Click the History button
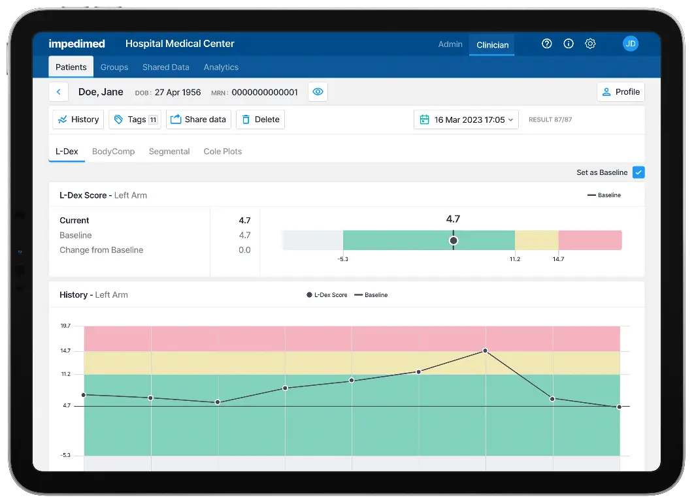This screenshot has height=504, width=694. pyautogui.click(x=78, y=119)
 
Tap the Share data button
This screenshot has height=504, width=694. pyautogui.click(x=198, y=119)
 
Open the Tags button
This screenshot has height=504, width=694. pyautogui.click(x=135, y=119)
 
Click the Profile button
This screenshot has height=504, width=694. pyautogui.click(x=621, y=92)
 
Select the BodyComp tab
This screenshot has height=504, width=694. pyautogui.click(x=113, y=151)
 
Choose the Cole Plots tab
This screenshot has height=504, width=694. pyautogui.click(x=222, y=151)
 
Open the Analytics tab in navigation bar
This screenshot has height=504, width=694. pyautogui.click(x=221, y=67)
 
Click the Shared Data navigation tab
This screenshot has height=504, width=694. pyautogui.click(x=165, y=67)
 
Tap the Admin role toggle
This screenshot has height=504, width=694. pyautogui.click(x=450, y=44)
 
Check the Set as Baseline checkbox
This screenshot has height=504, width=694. pyautogui.click(x=638, y=172)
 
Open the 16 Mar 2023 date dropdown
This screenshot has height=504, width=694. pyautogui.click(x=466, y=119)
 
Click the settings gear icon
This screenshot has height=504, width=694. pyautogui.click(x=590, y=44)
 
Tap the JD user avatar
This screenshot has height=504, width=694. pyautogui.click(x=630, y=44)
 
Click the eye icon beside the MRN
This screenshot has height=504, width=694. pyautogui.click(x=318, y=92)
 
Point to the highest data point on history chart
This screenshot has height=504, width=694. pyautogui.click(x=485, y=351)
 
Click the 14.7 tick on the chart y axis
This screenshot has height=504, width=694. pyautogui.click(x=66, y=351)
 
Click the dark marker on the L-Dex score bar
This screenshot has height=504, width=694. pyautogui.click(x=454, y=240)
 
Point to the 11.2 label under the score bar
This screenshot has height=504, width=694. pyautogui.click(x=515, y=259)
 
